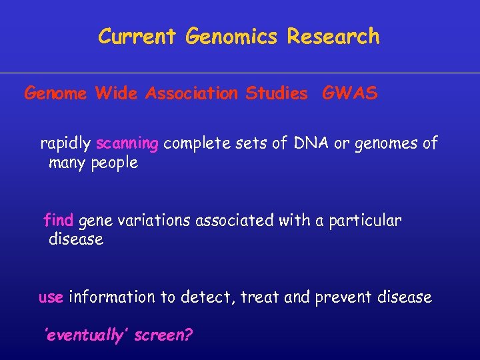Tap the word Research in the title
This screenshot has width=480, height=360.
point(333,36)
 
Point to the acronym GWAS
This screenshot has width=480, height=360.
point(349,93)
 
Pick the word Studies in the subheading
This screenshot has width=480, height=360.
point(277,93)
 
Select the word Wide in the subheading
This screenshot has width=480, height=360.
point(115,93)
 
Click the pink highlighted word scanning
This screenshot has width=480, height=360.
point(127,144)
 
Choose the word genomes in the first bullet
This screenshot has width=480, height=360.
point(388,144)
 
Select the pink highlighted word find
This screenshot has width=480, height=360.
point(58,220)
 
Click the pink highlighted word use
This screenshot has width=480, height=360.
point(51,297)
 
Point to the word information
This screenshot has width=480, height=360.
point(112,297)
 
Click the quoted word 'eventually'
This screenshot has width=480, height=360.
point(86,335)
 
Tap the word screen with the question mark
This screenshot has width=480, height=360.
point(163,335)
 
